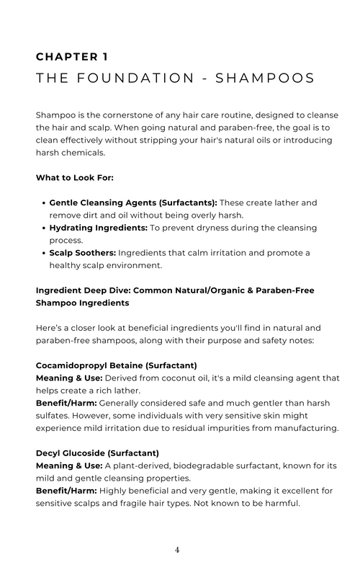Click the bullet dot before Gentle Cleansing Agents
(42, 203)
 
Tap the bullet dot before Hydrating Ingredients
(42, 228)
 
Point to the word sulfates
(55, 416)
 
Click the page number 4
(178, 550)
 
